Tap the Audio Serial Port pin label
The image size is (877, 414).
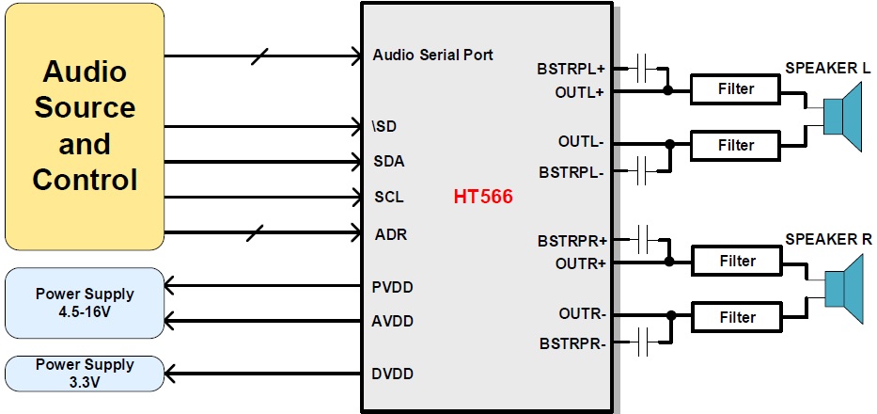[x=432, y=55]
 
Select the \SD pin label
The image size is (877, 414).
[x=385, y=126]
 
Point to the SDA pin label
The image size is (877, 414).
[x=388, y=161]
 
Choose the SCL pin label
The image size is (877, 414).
[x=388, y=199]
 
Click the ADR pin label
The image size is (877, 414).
[x=389, y=233]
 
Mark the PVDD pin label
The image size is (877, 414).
[x=392, y=286]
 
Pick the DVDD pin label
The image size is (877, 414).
[x=392, y=374]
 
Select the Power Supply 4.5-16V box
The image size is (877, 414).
[x=85, y=303]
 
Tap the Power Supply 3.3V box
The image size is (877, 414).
[x=85, y=374]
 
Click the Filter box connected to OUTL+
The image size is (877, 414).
[x=736, y=90]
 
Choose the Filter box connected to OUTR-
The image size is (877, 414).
[x=736, y=317]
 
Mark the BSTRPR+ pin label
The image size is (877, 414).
[x=571, y=241]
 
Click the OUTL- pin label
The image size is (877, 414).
[x=580, y=143]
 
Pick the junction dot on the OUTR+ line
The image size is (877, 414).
[x=668, y=262]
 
